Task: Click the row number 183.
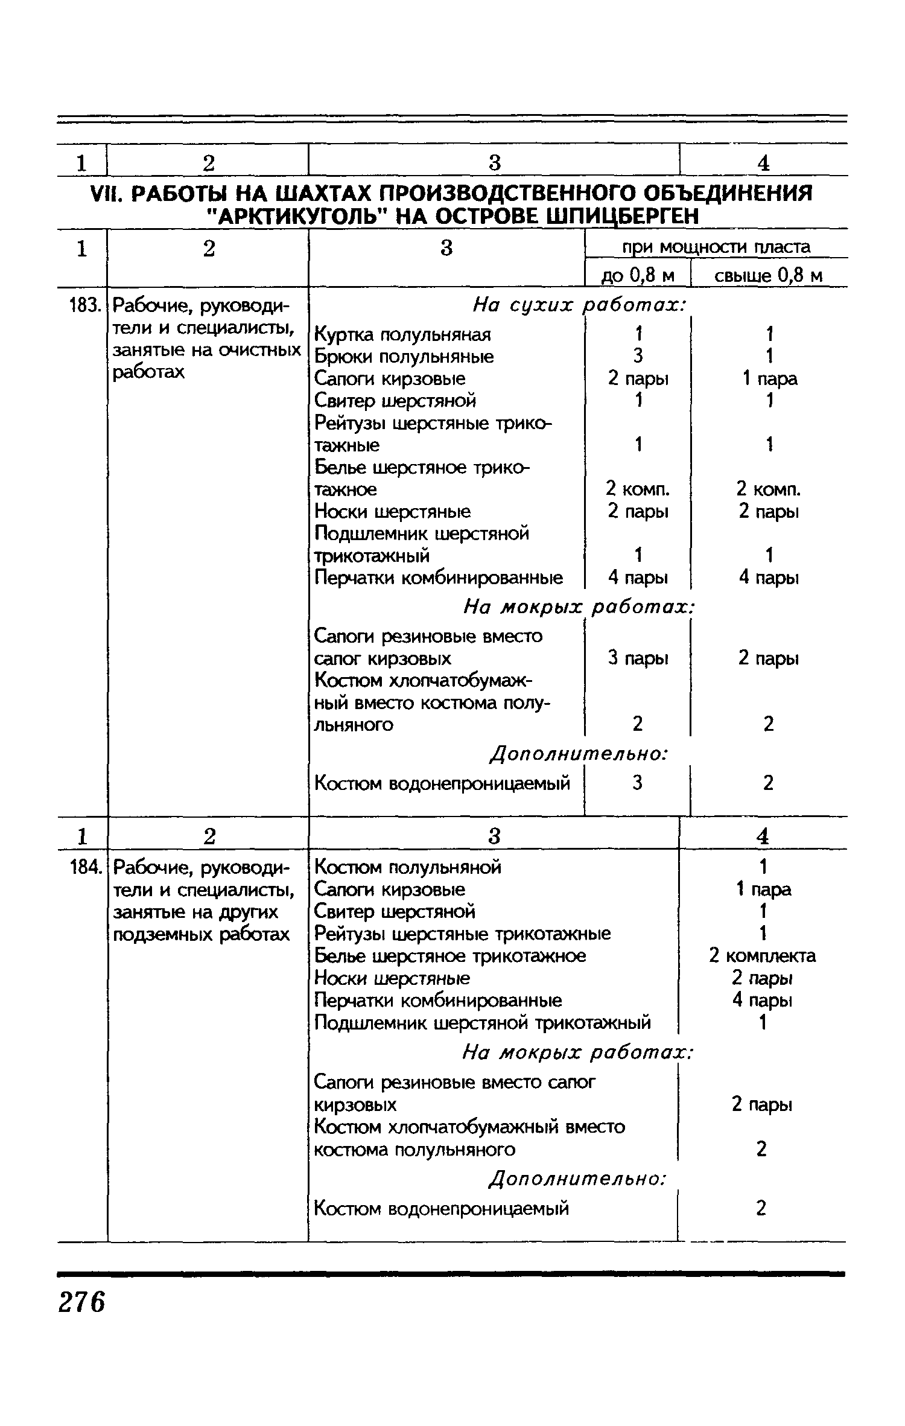pyautogui.click(x=84, y=307)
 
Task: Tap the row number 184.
pyautogui.click(x=84, y=867)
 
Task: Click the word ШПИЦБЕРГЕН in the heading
pyautogui.click(x=621, y=216)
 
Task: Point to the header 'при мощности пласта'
pyautogui.click(x=716, y=247)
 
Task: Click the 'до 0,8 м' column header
pyautogui.click(x=638, y=276)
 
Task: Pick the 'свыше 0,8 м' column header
pyautogui.click(x=769, y=276)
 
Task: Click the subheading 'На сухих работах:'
pyautogui.click(x=580, y=306)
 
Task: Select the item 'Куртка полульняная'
pyautogui.click(x=403, y=334)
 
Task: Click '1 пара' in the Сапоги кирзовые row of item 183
pyautogui.click(x=769, y=378)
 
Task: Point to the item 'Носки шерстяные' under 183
pyautogui.click(x=393, y=512)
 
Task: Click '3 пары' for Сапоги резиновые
pyautogui.click(x=638, y=658)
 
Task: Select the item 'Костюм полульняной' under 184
pyautogui.click(x=408, y=867)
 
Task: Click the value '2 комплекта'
pyautogui.click(x=763, y=956)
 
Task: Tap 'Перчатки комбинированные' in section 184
pyautogui.click(x=438, y=1001)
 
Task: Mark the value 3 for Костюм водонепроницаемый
pyautogui.click(x=638, y=783)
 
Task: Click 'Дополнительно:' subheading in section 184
pyautogui.click(x=579, y=1178)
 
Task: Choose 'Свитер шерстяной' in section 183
pyautogui.click(x=395, y=401)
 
